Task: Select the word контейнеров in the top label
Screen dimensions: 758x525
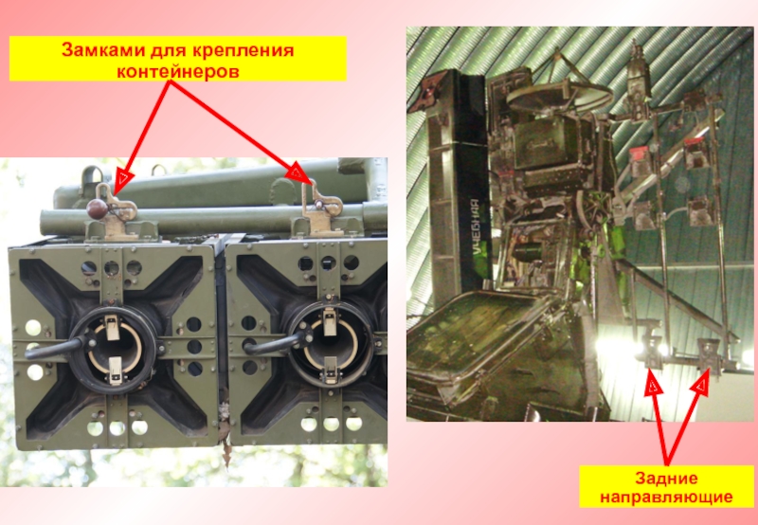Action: point(178,71)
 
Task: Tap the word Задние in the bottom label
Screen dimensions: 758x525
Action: point(666,479)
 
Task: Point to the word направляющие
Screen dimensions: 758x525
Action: point(666,497)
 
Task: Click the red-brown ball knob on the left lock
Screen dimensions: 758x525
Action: point(98,208)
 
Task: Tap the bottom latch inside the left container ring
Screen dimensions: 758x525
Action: point(115,371)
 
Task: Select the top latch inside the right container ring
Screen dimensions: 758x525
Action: point(330,321)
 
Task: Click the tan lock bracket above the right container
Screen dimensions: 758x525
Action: point(320,208)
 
